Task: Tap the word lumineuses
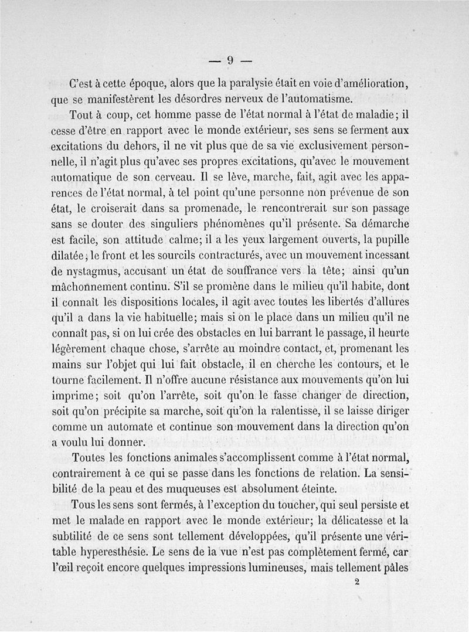coord(296,568)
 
